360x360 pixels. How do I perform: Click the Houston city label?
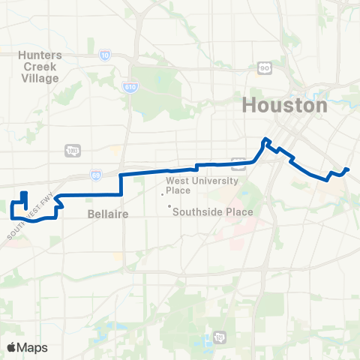point(284,106)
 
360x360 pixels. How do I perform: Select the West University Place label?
point(202,186)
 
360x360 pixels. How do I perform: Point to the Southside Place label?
point(213,211)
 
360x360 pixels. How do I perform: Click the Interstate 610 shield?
point(128,88)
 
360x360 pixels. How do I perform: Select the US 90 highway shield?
point(264,68)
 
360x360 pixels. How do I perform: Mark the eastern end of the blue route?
point(349,169)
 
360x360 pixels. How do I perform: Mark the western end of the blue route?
point(23,194)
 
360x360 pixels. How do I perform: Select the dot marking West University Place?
point(162,193)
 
